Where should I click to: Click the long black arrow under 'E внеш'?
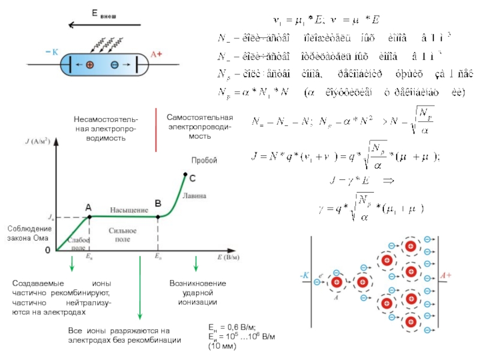105,25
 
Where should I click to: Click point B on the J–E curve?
158,217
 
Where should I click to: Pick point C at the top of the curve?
185,175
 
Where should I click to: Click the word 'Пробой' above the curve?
203,160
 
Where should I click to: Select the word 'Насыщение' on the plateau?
128,211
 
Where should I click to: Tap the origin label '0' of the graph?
48,251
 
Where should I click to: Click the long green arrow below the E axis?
140,288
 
